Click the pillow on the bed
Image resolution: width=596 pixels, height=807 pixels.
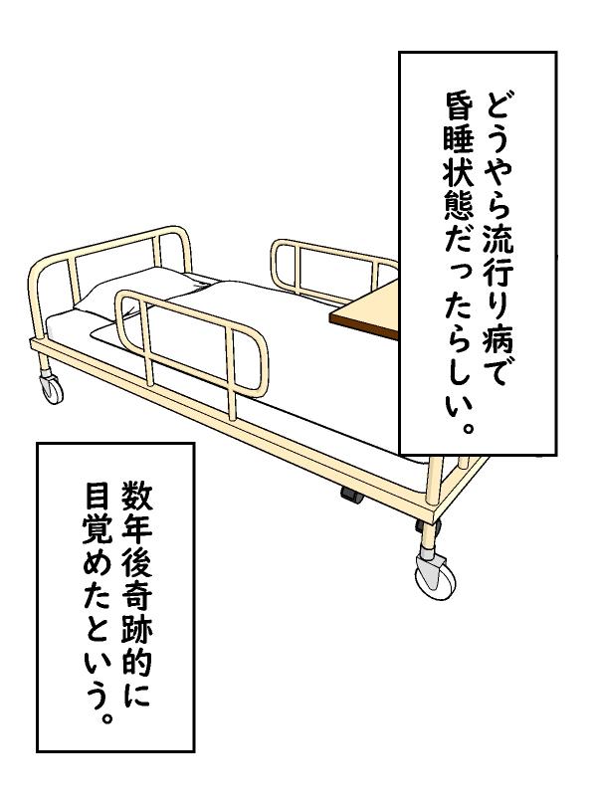[139, 293]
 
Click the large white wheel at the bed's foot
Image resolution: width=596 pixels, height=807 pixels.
[435, 578]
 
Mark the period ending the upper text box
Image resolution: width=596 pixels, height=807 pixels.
[466, 428]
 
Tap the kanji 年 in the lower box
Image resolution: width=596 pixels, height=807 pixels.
[136, 529]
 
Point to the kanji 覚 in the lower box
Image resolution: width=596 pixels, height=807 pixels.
[97, 529]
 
